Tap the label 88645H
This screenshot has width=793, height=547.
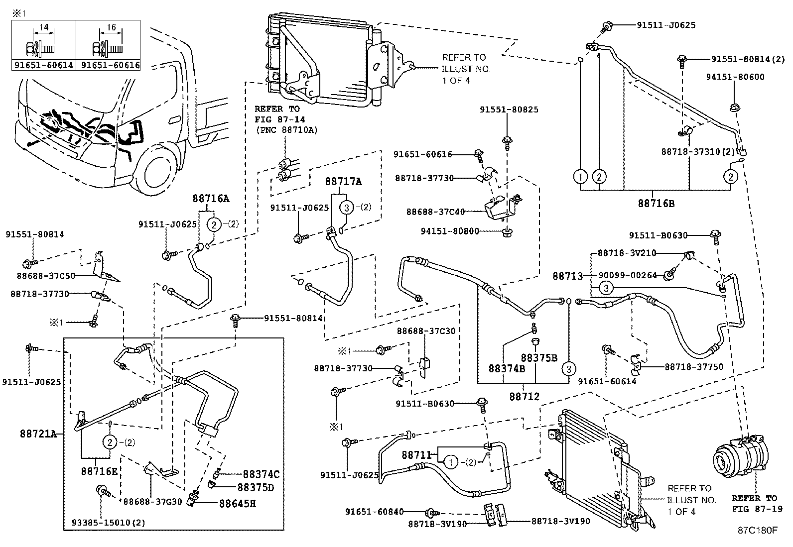[x=237, y=503]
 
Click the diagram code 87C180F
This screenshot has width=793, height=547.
[x=757, y=530]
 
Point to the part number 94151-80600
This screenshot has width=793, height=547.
[x=735, y=77]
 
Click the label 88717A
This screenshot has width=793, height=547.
[x=344, y=182]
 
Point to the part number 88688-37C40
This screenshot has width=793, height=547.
[x=435, y=212]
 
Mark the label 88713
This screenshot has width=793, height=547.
[x=567, y=275]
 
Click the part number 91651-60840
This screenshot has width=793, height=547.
[x=374, y=511]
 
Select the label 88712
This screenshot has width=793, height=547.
[x=524, y=397]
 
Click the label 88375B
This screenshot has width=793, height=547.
[x=539, y=358]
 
